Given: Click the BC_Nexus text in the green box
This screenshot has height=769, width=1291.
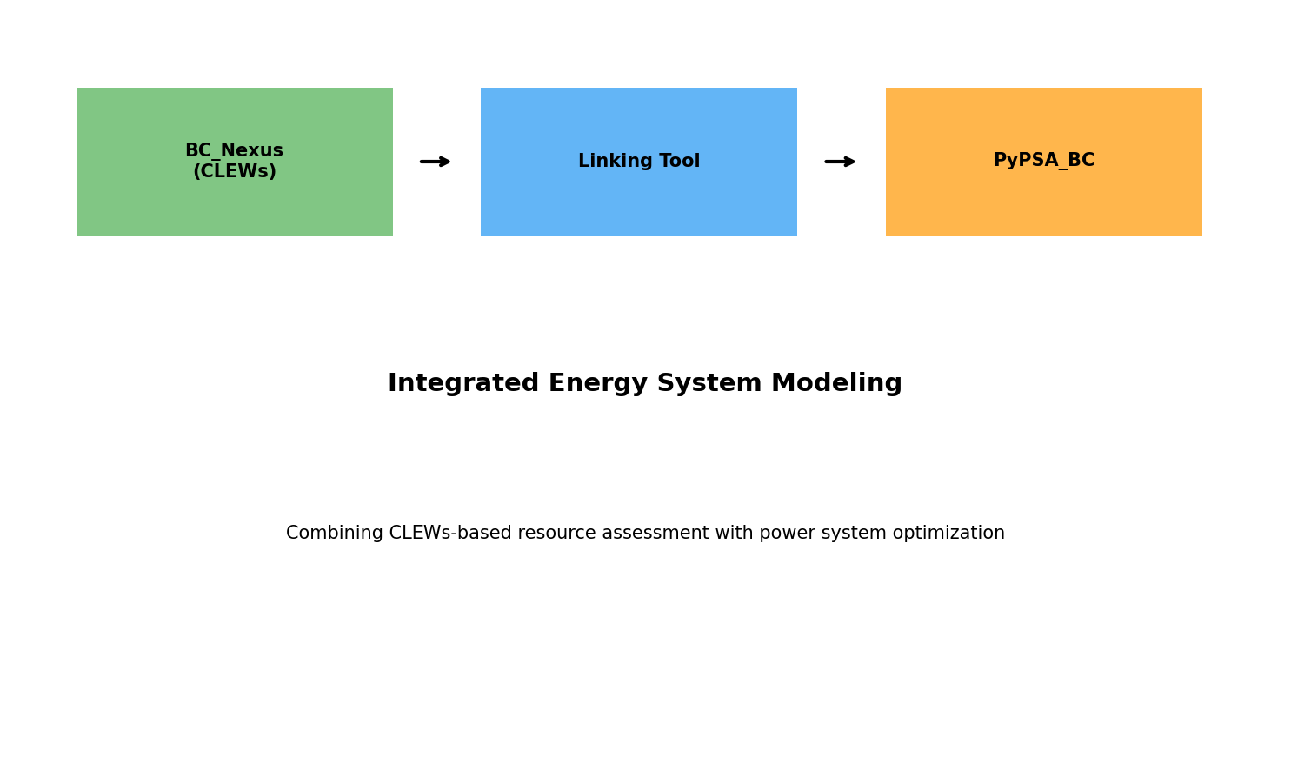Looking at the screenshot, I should [234, 151].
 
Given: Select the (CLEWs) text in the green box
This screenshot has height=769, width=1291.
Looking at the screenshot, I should [234, 172].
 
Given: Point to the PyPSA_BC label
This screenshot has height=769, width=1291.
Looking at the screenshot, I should [1043, 161].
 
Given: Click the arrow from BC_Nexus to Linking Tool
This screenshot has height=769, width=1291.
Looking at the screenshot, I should [435, 162].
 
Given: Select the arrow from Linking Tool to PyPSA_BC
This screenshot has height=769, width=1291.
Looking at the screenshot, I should [840, 162].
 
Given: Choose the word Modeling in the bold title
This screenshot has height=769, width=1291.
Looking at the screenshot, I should [836, 384].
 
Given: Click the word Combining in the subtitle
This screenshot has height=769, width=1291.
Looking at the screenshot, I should [334, 534].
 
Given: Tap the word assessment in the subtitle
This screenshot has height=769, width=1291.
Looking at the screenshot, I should [647, 534].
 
